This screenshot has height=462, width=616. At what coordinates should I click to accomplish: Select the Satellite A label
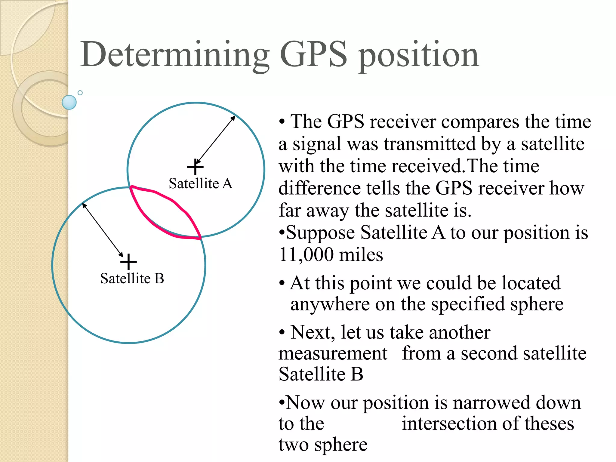point(201,183)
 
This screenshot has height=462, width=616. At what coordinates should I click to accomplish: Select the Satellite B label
point(132,278)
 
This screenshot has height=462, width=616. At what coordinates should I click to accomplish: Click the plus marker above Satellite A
point(195,167)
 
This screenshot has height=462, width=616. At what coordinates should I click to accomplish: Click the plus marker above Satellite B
point(128,262)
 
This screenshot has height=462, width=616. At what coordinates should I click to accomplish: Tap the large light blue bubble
point(69,102)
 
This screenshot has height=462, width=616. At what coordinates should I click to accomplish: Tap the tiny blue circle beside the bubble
point(80,93)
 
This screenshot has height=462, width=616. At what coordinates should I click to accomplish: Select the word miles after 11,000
point(361,255)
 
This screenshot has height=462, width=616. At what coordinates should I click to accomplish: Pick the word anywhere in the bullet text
point(330,304)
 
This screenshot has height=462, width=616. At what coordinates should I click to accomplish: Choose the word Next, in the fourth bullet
point(313,332)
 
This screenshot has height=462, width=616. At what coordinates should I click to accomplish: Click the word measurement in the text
point(333,353)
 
